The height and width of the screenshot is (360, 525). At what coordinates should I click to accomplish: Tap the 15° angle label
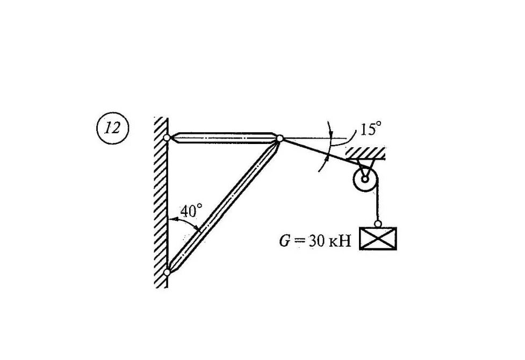[x=370, y=129]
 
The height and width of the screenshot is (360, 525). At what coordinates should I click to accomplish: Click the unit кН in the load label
[x=340, y=241]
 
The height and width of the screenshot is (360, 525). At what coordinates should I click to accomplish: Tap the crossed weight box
[x=378, y=239]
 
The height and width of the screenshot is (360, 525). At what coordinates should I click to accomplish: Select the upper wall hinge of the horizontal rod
[x=167, y=138]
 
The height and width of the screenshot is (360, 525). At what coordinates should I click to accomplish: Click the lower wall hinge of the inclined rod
[x=167, y=272]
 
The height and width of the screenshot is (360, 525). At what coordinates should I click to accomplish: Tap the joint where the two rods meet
[x=279, y=139]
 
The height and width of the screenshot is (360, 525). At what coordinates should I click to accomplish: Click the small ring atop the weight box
[x=378, y=224]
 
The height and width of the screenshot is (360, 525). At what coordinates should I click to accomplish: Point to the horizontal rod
[x=223, y=138]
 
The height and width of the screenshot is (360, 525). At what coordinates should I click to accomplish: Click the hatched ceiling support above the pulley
[x=365, y=153]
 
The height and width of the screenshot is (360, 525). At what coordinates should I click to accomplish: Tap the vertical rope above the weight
[x=378, y=201]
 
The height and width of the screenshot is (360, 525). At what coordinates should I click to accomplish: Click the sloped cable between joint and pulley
[x=317, y=152]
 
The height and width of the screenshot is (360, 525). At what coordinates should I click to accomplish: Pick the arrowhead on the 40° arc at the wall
[x=170, y=220]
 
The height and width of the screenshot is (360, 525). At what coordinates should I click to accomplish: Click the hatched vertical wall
[x=161, y=204]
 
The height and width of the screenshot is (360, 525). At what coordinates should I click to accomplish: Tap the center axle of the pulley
[x=365, y=179]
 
